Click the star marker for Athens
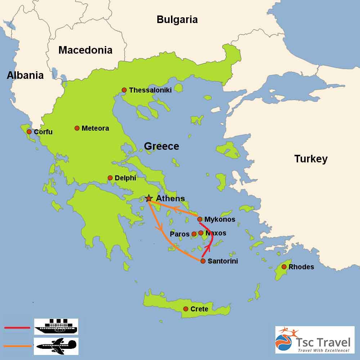coord(148,198)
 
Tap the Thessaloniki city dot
coord(124,90)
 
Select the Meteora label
coord(95,128)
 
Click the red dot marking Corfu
coord(29,132)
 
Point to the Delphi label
coord(125,178)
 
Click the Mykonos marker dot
coord(200,219)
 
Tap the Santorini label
coord(223,261)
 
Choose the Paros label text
coord(180,234)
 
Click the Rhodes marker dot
coord(284,267)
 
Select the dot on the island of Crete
coord(186,309)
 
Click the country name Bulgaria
coord(177,19)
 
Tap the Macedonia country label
coord(85,50)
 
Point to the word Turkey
coord(311,159)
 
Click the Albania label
coord(25,75)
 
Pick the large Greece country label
coord(161,146)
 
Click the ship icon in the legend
coord(56,327)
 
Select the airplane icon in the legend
coord(56,346)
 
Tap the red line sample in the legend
coord(17,328)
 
